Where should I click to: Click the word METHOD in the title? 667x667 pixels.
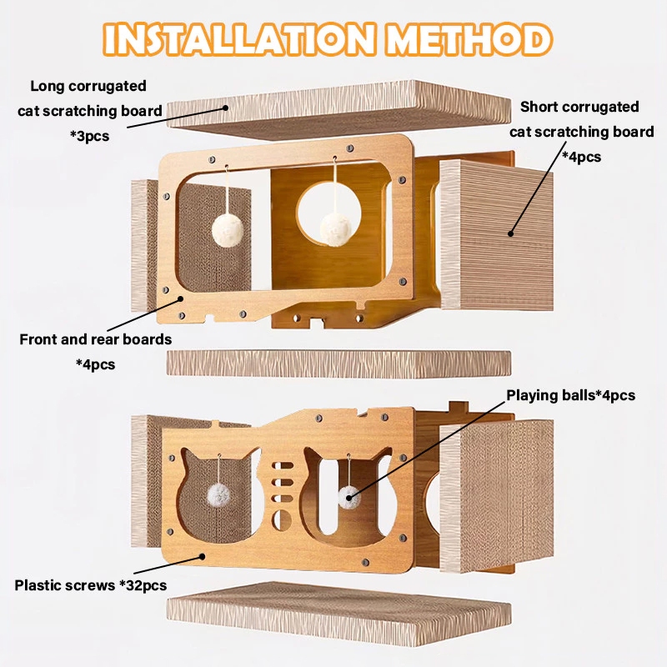[x=469, y=39]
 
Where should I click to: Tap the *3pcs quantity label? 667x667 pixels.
[x=90, y=136]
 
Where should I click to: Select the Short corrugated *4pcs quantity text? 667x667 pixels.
[x=581, y=157]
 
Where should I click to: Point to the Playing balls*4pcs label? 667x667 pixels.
[x=570, y=395]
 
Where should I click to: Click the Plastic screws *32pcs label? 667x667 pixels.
[x=91, y=585]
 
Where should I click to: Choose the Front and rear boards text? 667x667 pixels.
[x=96, y=339]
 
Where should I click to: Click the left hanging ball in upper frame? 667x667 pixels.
[x=228, y=230]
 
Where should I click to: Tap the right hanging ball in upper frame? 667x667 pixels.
[x=336, y=230]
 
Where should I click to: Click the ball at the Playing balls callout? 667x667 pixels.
[x=349, y=497]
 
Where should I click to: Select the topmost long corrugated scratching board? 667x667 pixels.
[x=339, y=109]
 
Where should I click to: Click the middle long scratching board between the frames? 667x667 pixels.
[x=339, y=364]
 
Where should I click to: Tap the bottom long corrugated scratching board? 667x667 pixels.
[x=339, y=613]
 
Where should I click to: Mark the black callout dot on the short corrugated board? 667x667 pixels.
[x=510, y=233]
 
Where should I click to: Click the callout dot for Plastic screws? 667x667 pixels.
[x=203, y=556]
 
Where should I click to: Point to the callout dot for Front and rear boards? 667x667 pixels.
[x=180, y=298]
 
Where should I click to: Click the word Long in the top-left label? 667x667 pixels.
[x=48, y=87]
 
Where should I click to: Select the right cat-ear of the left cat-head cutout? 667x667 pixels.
[x=253, y=457]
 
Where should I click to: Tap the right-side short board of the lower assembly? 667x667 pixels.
[x=497, y=494]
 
